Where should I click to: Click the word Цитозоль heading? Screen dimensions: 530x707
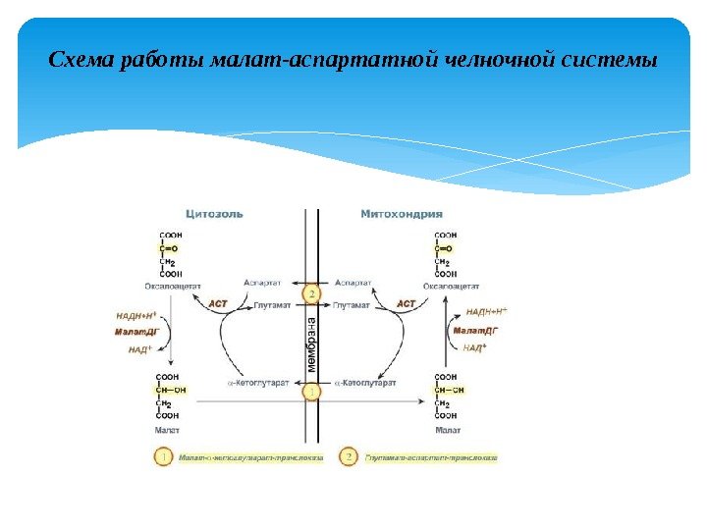click(x=214, y=213)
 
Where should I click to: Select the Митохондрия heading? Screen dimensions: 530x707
click(x=402, y=213)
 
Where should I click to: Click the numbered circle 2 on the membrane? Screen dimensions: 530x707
click(x=312, y=294)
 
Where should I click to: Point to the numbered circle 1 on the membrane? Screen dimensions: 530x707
click(x=312, y=393)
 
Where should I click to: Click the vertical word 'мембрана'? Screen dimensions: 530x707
click(x=311, y=344)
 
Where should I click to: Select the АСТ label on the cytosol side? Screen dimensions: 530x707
click(x=218, y=304)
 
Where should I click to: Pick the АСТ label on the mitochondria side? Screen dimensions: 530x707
click(x=406, y=304)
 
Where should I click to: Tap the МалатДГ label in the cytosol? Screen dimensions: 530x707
click(x=137, y=332)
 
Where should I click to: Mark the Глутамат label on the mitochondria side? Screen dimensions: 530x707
click(x=353, y=305)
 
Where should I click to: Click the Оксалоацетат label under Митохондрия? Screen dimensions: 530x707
click(x=446, y=286)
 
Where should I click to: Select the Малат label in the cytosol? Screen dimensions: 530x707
click(x=168, y=430)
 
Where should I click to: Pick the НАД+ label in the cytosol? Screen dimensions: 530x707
click(x=142, y=349)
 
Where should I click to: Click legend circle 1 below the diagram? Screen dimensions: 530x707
click(x=163, y=457)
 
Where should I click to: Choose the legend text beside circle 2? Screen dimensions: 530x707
click(x=431, y=457)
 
